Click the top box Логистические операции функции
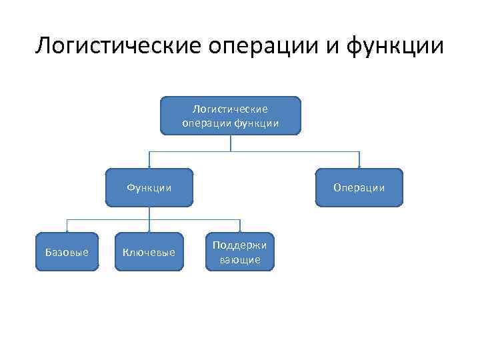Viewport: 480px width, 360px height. [230, 115]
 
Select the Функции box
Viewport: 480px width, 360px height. [149, 187]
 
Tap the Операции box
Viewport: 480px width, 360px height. [360, 187]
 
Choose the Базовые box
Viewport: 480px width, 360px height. [66, 251]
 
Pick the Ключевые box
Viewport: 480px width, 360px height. [149, 251]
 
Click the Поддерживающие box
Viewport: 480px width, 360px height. [240, 251]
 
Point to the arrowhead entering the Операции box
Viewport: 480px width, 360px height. [360, 165]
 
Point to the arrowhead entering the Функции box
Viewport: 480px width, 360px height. [149, 165]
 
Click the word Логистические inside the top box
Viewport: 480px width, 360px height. [230, 109]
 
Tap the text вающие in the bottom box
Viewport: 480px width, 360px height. [240, 259]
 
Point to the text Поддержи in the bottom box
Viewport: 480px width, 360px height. [240, 245]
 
